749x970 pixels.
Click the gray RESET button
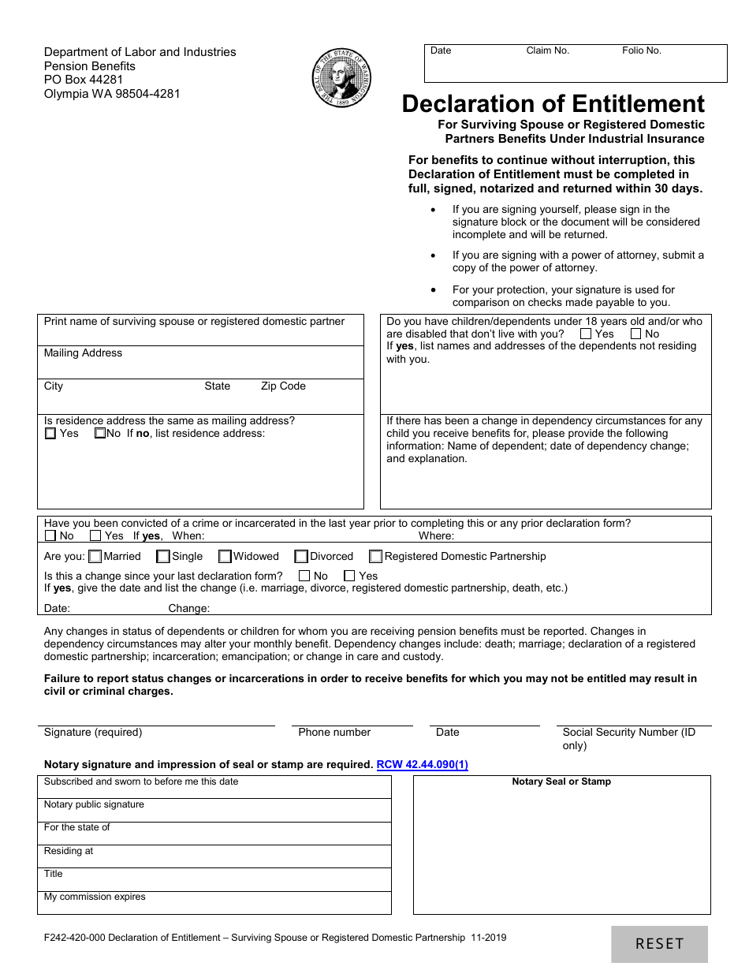(659, 944)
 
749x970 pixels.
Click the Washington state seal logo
(342, 77)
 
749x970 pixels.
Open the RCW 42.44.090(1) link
(423, 764)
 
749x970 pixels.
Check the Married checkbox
(95, 556)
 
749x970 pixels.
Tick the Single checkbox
(163, 556)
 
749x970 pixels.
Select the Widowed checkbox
(225, 556)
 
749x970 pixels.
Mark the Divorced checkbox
(301, 556)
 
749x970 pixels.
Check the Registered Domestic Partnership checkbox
(376, 556)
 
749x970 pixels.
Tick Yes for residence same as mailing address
(50, 433)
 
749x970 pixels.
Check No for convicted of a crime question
(50, 535)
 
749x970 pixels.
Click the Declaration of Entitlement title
(553, 104)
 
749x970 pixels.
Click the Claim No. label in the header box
(547, 50)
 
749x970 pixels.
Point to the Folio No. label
(641, 50)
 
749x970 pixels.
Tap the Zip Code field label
(283, 386)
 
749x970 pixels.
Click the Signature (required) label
(93, 732)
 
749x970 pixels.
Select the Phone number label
(334, 732)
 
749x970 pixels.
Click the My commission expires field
(214, 902)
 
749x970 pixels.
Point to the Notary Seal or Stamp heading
(561, 782)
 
